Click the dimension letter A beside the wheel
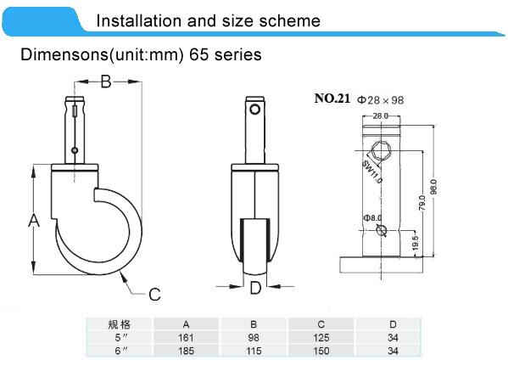[34, 221]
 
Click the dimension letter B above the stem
[107, 82]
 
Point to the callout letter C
[154, 295]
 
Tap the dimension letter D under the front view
[254, 288]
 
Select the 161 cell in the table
[186, 337]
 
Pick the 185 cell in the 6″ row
[186, 349]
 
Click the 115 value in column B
[254, 349]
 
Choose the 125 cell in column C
[322, 337]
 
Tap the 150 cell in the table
[322, 349]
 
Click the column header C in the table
[322, 324]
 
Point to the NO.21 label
[332, 98]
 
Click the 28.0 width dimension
[379, 115]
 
